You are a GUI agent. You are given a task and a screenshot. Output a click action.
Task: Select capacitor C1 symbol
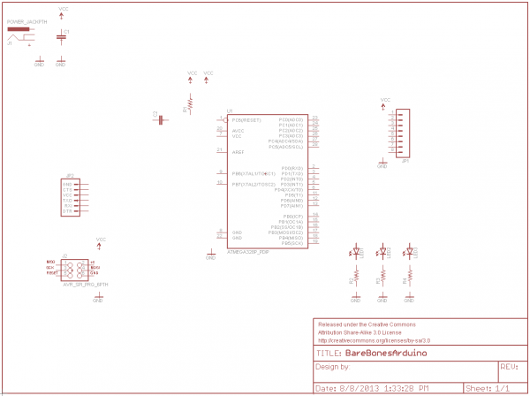coord(60,36)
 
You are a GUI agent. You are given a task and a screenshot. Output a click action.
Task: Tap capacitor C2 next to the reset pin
coord(161,119)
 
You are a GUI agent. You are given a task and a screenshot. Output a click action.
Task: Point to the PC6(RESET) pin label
coord(246,119)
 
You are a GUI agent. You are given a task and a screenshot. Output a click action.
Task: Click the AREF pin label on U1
coord(238,152)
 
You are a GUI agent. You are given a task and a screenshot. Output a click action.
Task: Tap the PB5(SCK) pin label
coord(292,242)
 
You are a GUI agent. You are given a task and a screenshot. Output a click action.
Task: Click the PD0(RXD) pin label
coord(292,168)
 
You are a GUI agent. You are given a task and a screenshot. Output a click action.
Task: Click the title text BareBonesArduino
coord(385,352)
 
